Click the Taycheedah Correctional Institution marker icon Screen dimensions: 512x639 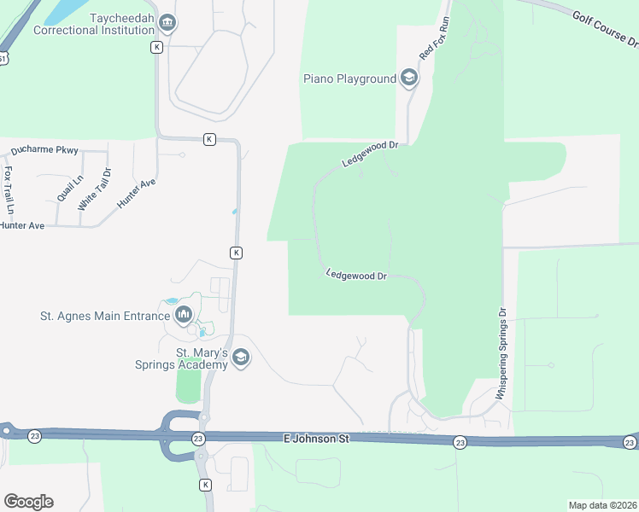[167, 23]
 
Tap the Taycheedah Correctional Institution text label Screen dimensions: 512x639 [95, 23]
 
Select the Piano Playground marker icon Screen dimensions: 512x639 [409, 79]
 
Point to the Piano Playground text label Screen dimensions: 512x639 [349, 79]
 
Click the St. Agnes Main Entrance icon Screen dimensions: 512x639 [184, 317]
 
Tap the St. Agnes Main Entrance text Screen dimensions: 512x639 [105, 316]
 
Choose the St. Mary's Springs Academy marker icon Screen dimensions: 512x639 [241, 358]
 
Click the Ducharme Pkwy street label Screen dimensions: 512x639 [44, 151]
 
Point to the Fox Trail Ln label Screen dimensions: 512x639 [9, 189]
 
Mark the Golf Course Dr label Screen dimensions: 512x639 [604, 30]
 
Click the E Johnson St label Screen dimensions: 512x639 [317, 439]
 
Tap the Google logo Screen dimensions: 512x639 [28, 502]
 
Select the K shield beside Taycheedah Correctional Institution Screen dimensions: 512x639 [156, 48]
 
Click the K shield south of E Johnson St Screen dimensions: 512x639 [205, 485]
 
